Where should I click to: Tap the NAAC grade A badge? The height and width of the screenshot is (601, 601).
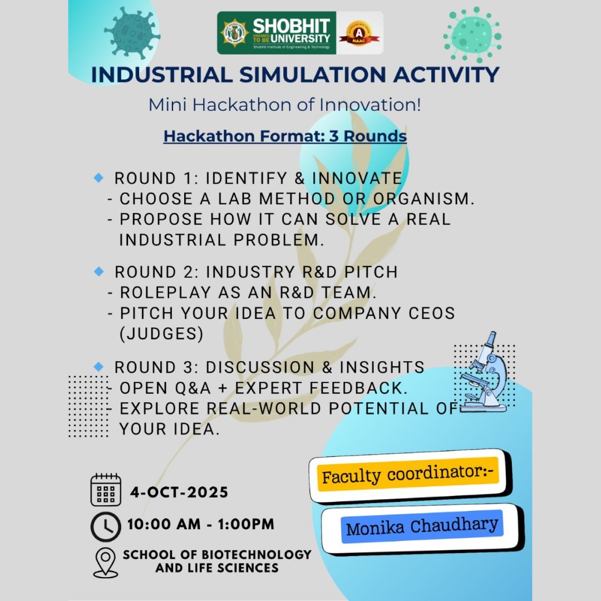click(x=359, y=33)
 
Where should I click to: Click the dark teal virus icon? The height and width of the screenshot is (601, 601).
click(x=132, y=33)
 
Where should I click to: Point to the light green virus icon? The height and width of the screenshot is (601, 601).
click(x=472, y=35)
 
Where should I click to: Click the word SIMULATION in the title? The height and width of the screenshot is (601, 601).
click(x=313, y=75)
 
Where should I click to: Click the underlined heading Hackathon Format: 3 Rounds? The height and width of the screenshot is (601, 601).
click(x=285, y=136)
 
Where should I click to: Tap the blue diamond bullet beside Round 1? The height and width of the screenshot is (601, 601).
click(x=98, y=178)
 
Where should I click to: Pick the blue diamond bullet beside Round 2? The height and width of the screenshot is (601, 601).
click(x=98, y=272)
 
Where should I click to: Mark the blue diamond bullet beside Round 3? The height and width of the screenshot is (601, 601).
click(x=98, y=366)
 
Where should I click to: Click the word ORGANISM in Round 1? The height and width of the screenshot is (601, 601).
click(x=424, y=199)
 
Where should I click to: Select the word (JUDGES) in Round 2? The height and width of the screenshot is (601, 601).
click(x=161, y=334)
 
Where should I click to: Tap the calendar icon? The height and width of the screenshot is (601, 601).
click(x=106, y=490)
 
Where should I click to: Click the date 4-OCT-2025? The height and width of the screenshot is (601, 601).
click(x=179, y=492)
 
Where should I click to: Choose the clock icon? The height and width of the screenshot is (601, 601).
click(x=106, y=526)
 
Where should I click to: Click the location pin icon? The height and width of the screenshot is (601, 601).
click(x=106, y=562)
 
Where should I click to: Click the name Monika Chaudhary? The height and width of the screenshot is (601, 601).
click(x=422, y=526)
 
